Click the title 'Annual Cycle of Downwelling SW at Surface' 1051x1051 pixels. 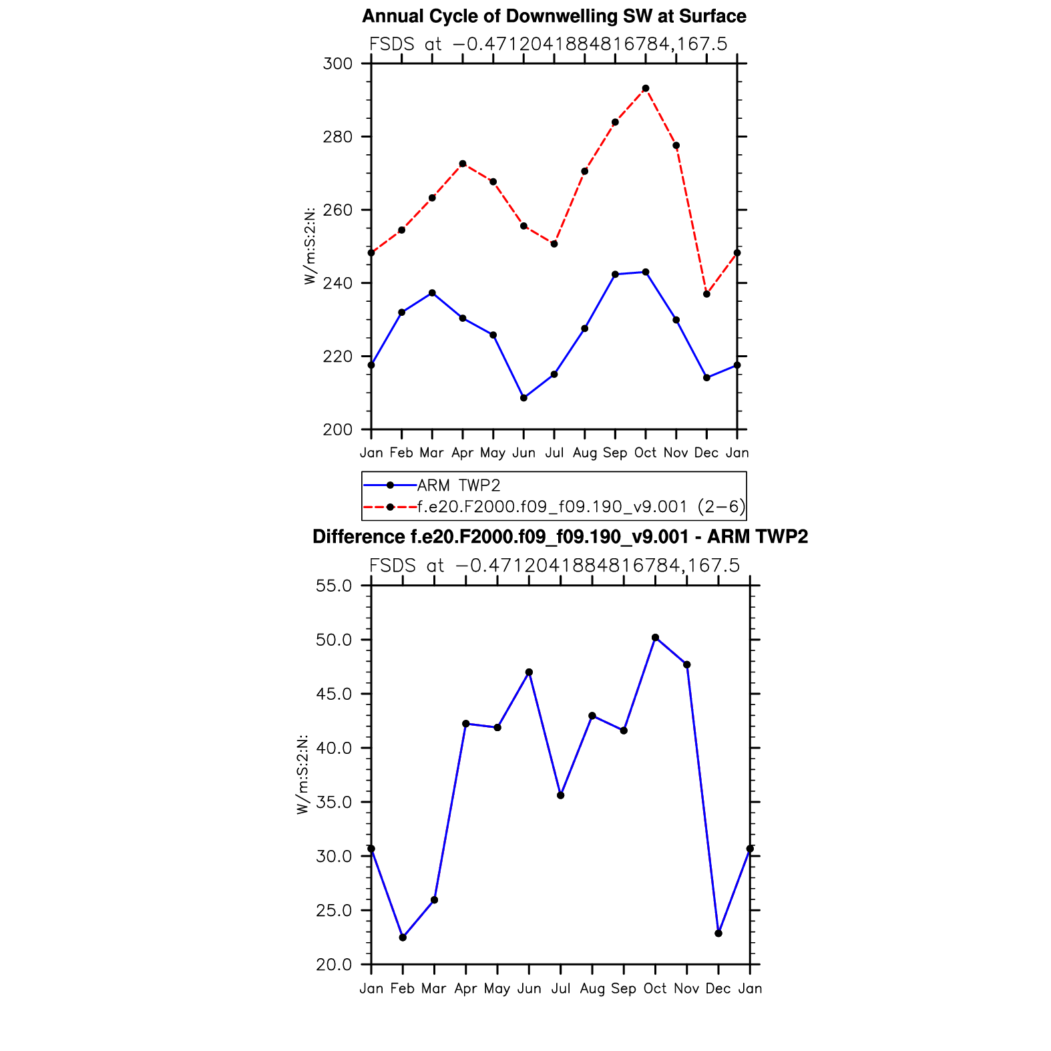[554, 16]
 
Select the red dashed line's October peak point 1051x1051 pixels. [646, 88]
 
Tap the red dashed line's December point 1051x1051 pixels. [706, 294]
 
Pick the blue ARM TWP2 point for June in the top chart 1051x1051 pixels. [523, 398]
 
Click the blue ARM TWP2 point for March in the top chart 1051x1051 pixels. [432, 292]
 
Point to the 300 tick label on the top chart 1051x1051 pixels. [337, 64]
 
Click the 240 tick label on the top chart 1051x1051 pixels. [337, 283]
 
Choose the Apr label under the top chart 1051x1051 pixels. [463, 453]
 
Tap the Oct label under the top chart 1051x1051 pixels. [646, 453]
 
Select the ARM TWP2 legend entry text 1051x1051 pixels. [459, 485]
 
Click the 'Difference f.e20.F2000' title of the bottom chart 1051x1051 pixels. [560, 537]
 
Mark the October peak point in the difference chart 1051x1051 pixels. [655, 638]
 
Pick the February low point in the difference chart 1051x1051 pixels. [403, 937]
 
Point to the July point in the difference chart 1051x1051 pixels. [561, 795]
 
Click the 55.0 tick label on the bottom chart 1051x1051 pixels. [334, 586]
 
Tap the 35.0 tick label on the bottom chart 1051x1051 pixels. [334, 802]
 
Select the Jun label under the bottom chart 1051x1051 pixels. [530, 988]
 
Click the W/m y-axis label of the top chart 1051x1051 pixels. [310, 246]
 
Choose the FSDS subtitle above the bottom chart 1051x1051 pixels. [554, 566]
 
